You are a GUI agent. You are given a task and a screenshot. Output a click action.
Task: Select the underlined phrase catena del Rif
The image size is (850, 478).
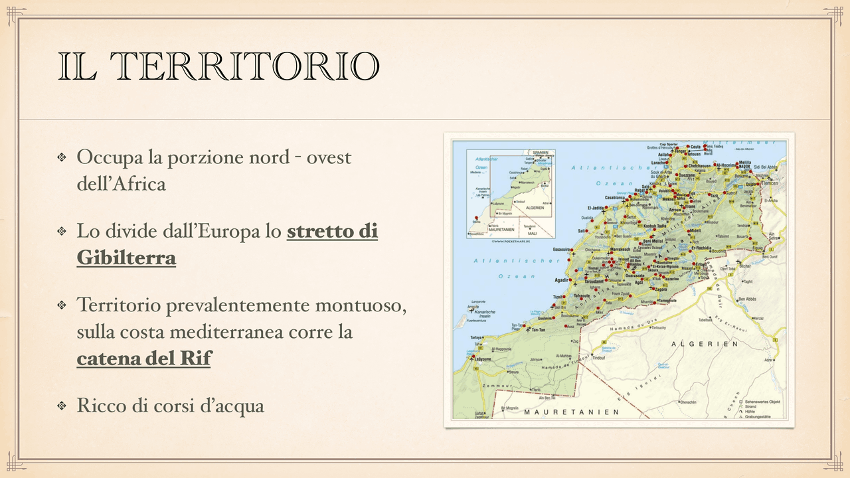[x=143, y=358]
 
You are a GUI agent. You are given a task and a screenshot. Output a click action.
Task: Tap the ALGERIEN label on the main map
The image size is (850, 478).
[x=705, y=344]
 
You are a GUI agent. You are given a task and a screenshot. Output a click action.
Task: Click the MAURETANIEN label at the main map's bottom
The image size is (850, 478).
[x=571, y=412]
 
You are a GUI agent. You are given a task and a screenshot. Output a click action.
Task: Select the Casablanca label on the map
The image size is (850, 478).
[x=615, y=198]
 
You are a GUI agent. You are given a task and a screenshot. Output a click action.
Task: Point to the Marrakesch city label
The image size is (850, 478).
[x=619, y=249]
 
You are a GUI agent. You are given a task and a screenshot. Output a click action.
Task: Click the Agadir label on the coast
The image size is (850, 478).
[x=562, y=279]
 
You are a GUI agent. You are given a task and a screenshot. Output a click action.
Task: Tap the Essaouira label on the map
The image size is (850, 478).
[x=561, y=250]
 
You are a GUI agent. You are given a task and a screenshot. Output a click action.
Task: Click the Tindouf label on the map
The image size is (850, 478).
[x=598, y=358]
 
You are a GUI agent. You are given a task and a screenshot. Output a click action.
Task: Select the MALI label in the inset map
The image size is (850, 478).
[x=532, y=234]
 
